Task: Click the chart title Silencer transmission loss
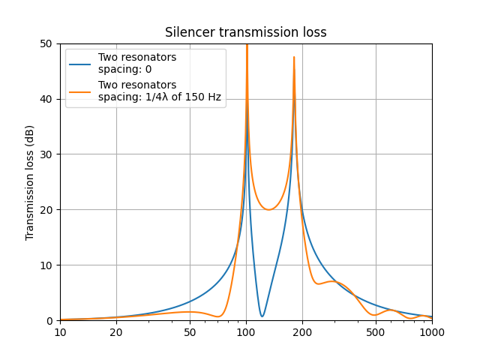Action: coord(246,32)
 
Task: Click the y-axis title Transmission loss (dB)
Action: coord(30,182)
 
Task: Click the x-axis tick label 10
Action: coord(60,332)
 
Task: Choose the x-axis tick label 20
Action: coord(116,332)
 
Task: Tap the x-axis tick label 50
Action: coord(190,332)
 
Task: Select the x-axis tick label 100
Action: coord(246,332)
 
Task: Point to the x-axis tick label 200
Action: coord(302,332)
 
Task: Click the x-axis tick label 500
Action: coord(376,332)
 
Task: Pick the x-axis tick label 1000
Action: coord(432,332)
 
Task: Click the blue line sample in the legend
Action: coord(80,64)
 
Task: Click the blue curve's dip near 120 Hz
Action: coord(262,316)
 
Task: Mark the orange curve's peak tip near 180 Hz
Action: coord(294,57)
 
